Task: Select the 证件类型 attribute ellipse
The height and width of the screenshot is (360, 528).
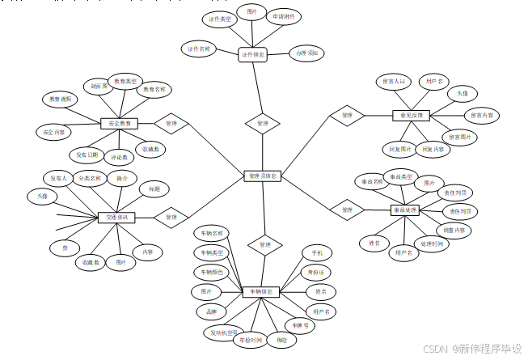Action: pyautogui.click(x=218, y=18)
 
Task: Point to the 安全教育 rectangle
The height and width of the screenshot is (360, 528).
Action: pyautogui.click(x=119, y=124)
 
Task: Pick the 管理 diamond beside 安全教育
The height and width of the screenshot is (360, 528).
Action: pyautogui.click(x=171, y=124)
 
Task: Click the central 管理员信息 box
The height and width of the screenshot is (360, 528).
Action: pyautogui.click(x=263, y=176)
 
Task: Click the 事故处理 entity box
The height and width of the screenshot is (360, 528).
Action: pyautogui.click(x=405, y=210)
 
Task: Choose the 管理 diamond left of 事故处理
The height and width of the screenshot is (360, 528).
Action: pyautogui.click(x=347, y=210)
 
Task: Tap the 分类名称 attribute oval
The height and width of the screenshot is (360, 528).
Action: pyautogui.click(x=89, y=178)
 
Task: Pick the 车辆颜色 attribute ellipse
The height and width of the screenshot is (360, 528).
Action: pyautogui.click(x=208, y=273)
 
